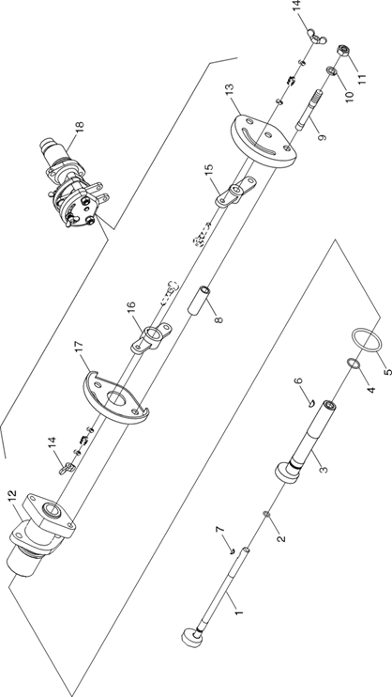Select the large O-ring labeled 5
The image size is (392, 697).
pyautogui.click(x=367, y=340)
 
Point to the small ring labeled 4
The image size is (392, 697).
pyautogui.click(x=354, y=364)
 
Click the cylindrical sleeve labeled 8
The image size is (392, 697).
pyautogui.click(x=200, y=300)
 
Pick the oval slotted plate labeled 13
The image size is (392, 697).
pyautogui.click(x=264, y=141)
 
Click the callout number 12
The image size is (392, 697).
pyautogui.click(x=12, y=497)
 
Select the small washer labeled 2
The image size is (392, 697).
pyautogui.click(x=267, y=514)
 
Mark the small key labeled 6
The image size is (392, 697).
pyautogui.click(x=311, y=403)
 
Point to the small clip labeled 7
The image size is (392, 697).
pyautogui.click(x=233, y=552)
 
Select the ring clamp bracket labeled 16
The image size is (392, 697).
pyautogui.click(x=151, y=337)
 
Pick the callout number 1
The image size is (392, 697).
pyautogui.click(x=239, y=612)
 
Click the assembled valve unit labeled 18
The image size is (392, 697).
pyautogui.click(x=73, y=182)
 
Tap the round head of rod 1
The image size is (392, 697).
pyautogui.click(x=192, y=636)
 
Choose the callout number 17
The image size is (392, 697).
pyautogui.click(x=78, y=348)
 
